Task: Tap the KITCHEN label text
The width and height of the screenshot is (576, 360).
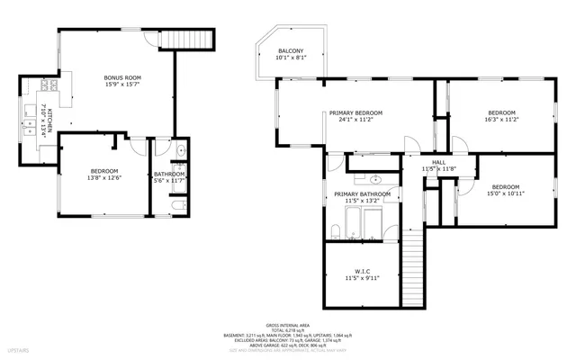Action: click(51, 121)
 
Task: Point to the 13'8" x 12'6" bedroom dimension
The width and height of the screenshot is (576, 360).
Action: click(103, 178)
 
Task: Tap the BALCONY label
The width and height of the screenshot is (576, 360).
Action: click(290, 50)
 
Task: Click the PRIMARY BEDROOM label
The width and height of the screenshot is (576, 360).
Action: click(355, 112)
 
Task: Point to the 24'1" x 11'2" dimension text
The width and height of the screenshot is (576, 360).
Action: click(355, 120)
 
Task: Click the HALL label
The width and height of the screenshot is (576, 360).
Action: click(439, 162)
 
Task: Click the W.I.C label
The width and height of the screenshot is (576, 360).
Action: click(363, 271)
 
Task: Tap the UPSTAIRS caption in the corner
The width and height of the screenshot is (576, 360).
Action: click(17, 347)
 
